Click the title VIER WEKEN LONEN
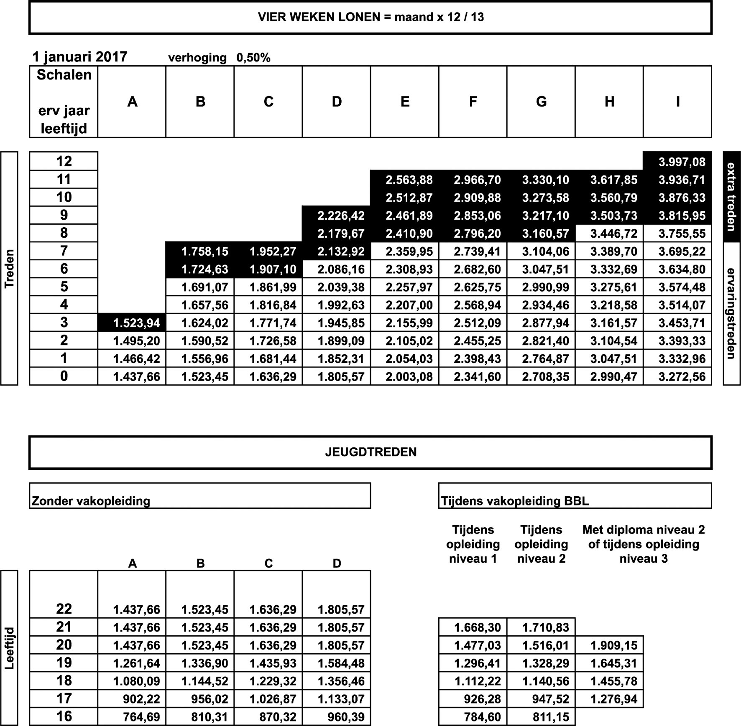click(370, 17)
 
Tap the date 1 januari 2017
click(80, 57)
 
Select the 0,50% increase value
click(253, 58)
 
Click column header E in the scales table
click(405, 102)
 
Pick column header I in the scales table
click(677, 102)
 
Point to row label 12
click(64, 161)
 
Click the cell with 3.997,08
click(682, 162)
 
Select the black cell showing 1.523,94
click(136, 323)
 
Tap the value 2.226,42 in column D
click(341, 216)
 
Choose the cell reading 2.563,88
click(409, 180)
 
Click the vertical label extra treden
click(731, 197)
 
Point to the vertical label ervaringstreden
click(731, 313)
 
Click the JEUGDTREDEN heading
click(370, 452)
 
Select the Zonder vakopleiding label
click(91, 501)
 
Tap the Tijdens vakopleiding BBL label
click(515, 501)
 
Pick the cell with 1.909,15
click(613, 645)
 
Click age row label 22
click(64, 609)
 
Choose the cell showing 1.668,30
click(477, 627)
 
